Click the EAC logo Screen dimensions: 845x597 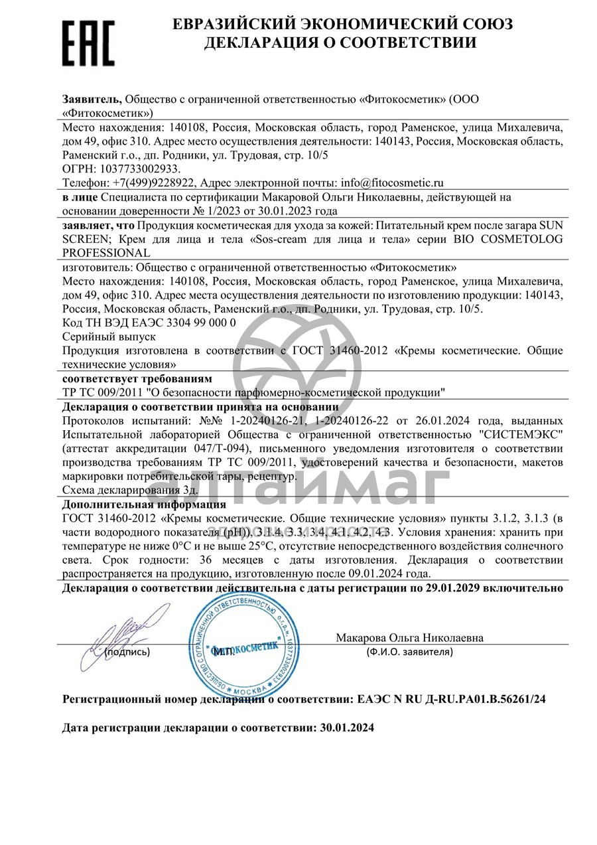point(88,42)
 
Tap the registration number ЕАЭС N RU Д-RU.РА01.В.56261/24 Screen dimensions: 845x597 point(452,699)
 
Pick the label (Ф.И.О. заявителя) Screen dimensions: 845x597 point(409,652)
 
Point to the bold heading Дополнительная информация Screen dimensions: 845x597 point(144,504)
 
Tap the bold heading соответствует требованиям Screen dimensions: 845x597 point(137,378)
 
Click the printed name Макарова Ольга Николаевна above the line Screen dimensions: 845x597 point(409,637)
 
